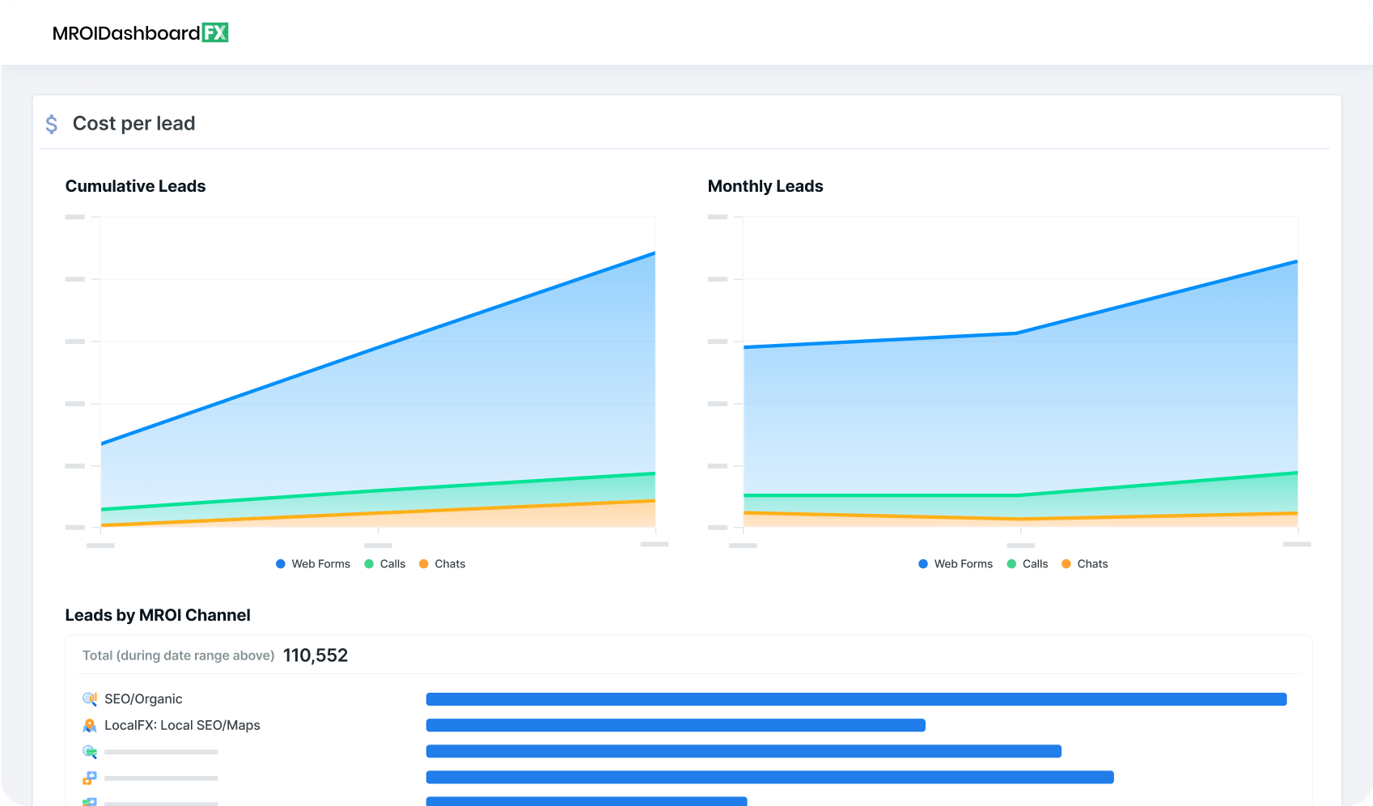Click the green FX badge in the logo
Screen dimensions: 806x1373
pos(214,32)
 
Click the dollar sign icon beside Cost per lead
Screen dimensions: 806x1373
pos(52,124)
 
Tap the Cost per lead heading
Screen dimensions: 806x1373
pos(133,124)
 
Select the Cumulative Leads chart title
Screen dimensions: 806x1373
pos(135,186)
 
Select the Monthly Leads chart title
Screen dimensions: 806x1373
pos(765,186)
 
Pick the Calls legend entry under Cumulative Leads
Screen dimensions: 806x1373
pos(385,564)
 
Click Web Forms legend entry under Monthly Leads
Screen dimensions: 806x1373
pos(956,564)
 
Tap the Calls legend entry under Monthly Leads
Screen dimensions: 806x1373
pos(1028,564)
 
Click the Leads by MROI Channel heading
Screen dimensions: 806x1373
pos(158,615)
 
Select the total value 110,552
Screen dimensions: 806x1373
pos(316,655)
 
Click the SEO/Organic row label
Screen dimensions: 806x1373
pos(143,699)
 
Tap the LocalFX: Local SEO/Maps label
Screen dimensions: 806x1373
pos(182,725)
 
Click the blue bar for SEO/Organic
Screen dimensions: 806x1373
pos(856,699)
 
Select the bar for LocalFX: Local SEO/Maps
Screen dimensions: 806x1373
pos(676,725)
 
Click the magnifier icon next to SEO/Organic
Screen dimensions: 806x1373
pos(90,699)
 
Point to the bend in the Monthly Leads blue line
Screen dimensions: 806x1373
pos(1017,333)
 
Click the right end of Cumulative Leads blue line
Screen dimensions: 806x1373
pos(654,253)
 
